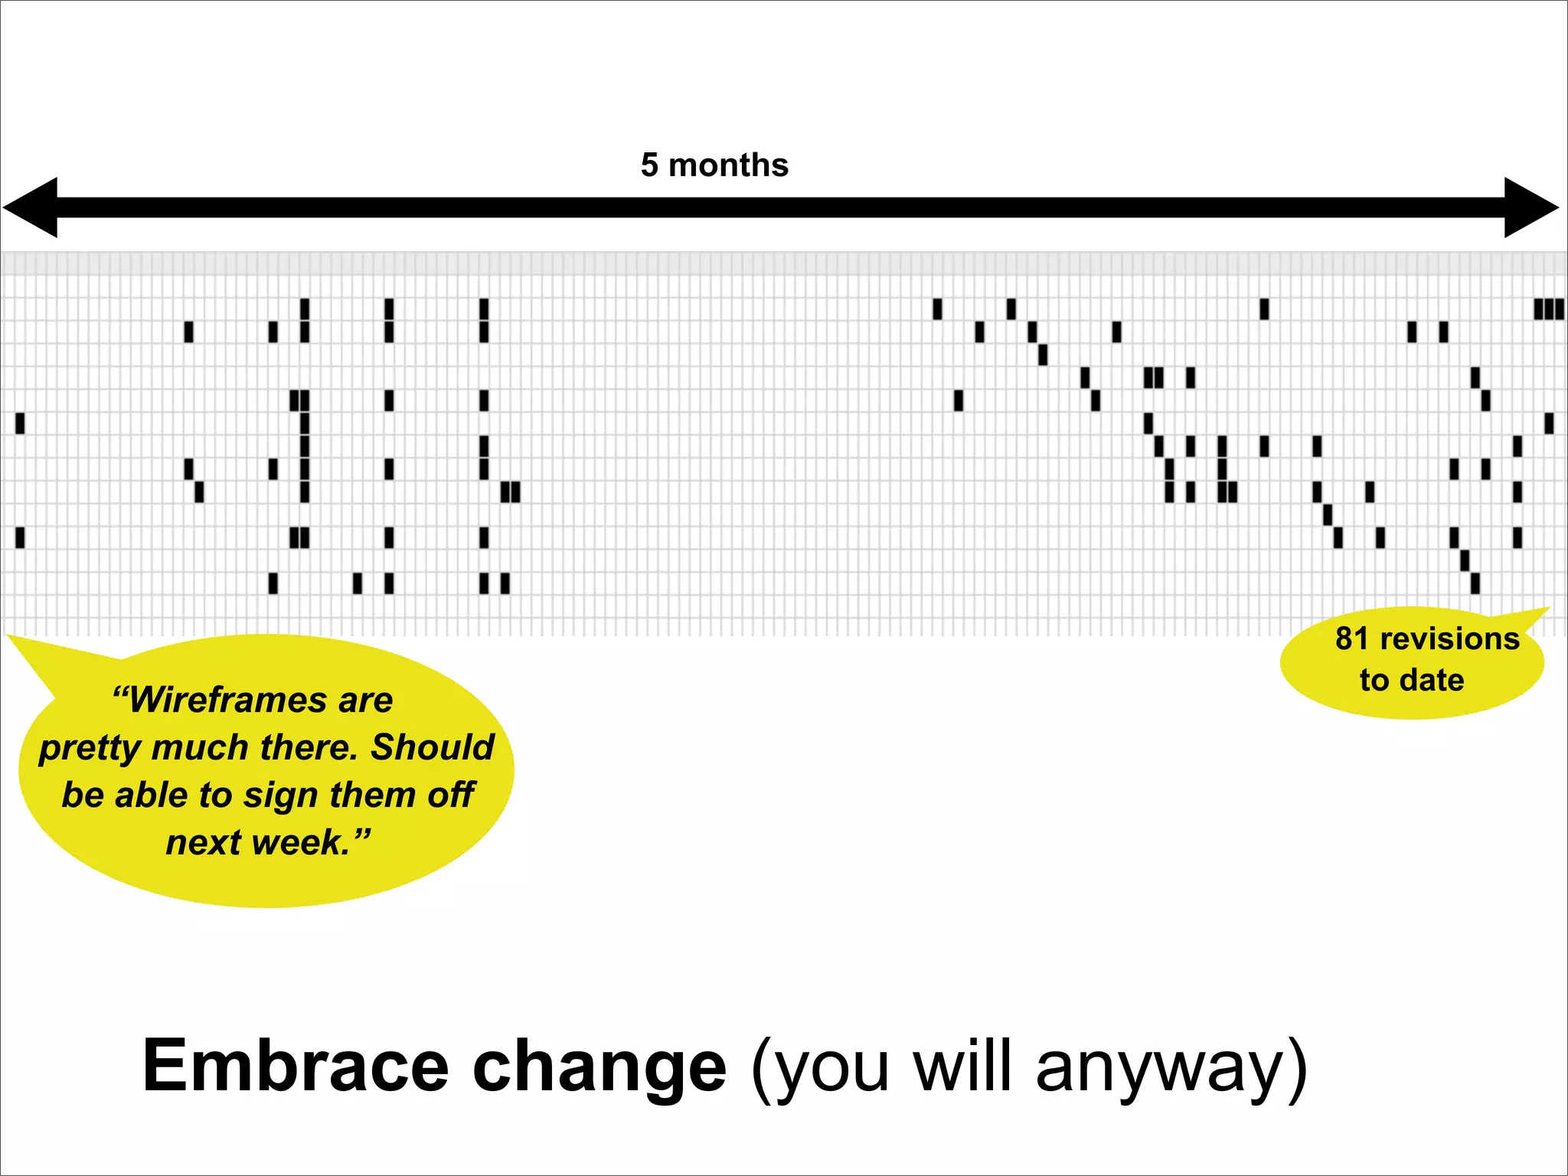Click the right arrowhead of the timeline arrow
pyautogui.click(x=1530, y=207)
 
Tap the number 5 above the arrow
pyautogui.click(x=649, y=165)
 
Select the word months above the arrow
pyautogui.click(x=728, y=165)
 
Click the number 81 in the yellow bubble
pyautogui.click(x=1352, y=639)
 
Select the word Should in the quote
pyautogui.click(x=433, y=747)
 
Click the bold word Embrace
pyautogui.click(x=295, y=1066)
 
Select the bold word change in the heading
pyautogui.click(x=599, y=1066)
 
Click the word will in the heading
pyautogui.click(x=963, y=1066)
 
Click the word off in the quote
pyautogui.click(x=452, y=795)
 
